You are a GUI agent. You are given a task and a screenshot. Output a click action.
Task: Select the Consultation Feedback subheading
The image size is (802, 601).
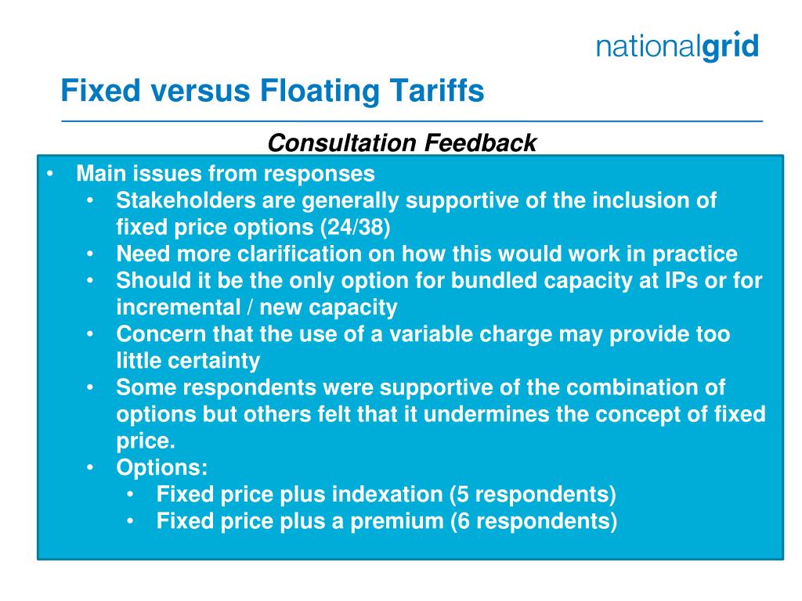click(x=402, y=142)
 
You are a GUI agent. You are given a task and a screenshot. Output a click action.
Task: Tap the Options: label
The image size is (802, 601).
click(x=162, y=467)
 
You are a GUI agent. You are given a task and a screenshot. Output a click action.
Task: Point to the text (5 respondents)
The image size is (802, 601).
click(x=533, y=495)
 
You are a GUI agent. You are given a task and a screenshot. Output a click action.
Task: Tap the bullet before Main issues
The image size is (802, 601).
click(x=51, y=174)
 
